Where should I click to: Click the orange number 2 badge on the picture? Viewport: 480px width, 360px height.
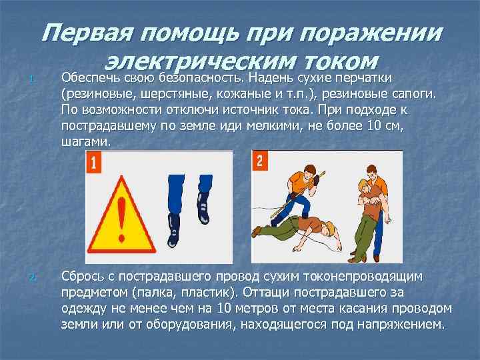260,161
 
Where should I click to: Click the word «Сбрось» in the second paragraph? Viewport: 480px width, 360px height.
83,275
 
